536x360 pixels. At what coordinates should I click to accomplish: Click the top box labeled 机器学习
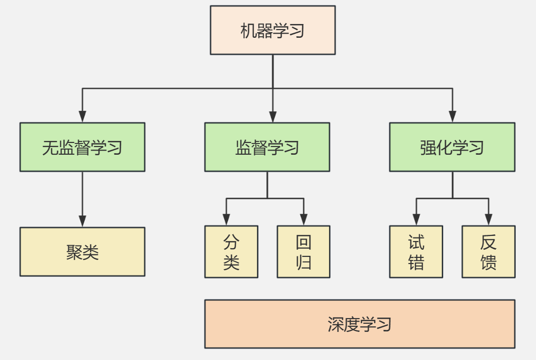273,30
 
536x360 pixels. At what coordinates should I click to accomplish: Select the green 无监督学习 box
82,147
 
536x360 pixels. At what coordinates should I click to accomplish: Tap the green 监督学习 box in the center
267,147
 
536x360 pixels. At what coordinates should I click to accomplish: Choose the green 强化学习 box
452,147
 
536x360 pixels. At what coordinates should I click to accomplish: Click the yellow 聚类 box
82,252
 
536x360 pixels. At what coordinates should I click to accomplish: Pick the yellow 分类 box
231,252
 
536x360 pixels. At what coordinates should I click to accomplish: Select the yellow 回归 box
303,252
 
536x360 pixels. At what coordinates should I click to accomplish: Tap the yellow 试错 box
416,252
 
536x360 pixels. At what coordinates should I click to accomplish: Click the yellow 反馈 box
489,252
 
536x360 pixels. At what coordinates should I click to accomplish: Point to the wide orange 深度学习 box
359,324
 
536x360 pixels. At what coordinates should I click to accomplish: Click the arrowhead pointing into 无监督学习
82,117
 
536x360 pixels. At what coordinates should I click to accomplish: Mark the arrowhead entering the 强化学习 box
452,117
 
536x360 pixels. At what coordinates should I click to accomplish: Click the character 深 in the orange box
335,324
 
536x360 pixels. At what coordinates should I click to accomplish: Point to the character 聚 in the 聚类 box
74,252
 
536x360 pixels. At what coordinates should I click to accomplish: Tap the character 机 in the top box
249,31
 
